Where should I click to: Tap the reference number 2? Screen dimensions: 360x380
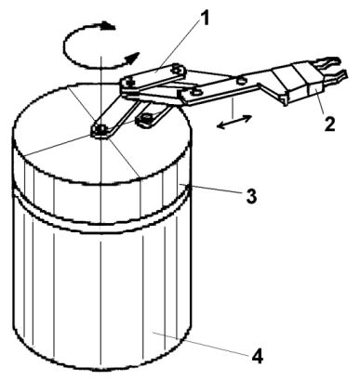329,122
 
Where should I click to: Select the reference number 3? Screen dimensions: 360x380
251,196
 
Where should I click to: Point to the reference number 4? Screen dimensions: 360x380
257,356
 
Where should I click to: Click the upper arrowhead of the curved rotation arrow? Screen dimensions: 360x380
108,25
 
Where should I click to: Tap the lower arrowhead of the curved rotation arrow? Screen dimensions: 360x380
132,58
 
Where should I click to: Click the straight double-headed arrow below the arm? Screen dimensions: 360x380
234,122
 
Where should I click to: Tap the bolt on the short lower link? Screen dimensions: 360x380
145,118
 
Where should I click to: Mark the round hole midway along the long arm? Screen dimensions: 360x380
241,81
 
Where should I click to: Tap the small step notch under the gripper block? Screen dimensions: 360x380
284,99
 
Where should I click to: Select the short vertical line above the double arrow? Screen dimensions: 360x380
233,106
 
